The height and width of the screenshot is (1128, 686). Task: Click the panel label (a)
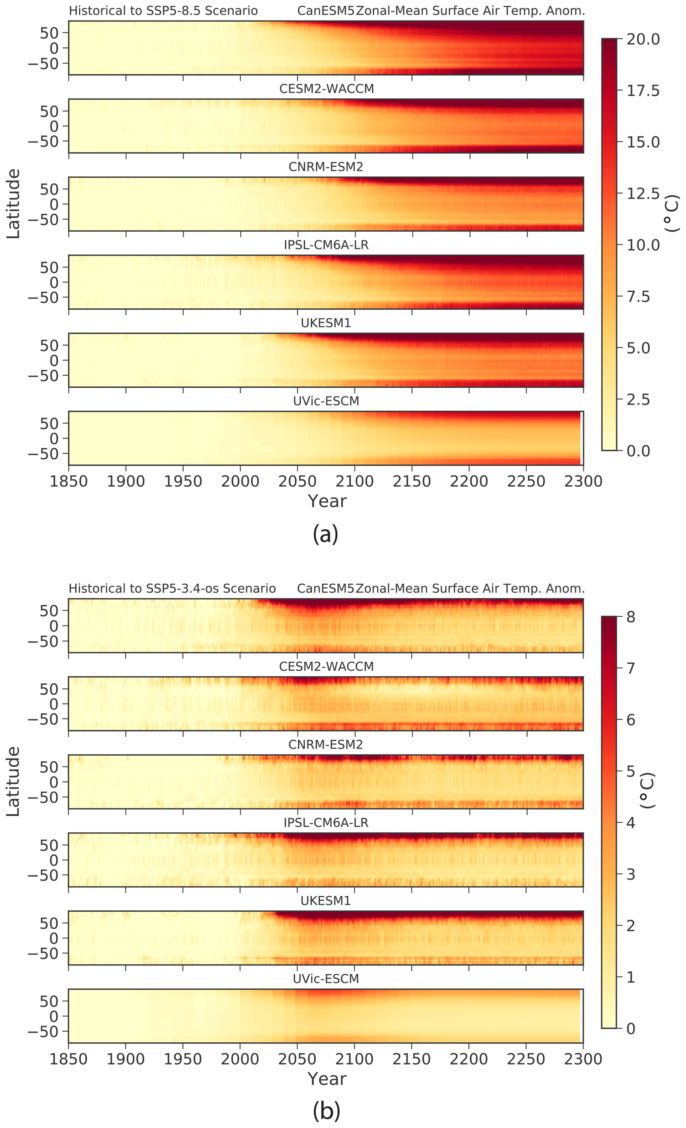[x=326, y=533]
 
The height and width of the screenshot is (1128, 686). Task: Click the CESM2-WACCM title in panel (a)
[x=326, y=89]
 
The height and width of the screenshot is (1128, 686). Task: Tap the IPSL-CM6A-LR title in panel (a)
[x=326, y=245]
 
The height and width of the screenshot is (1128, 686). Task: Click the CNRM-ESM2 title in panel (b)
[x=326, y=745]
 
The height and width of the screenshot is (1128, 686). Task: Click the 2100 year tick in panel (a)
[x=354, y=482]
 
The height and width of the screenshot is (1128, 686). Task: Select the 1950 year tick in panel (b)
[x=183, y=1059]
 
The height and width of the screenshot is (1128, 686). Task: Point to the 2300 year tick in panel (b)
[x=583, y=1059]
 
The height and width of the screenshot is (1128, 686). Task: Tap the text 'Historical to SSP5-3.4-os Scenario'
[x=172, y=588]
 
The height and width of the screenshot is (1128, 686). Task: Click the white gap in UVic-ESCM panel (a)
[x=581, y=438]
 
